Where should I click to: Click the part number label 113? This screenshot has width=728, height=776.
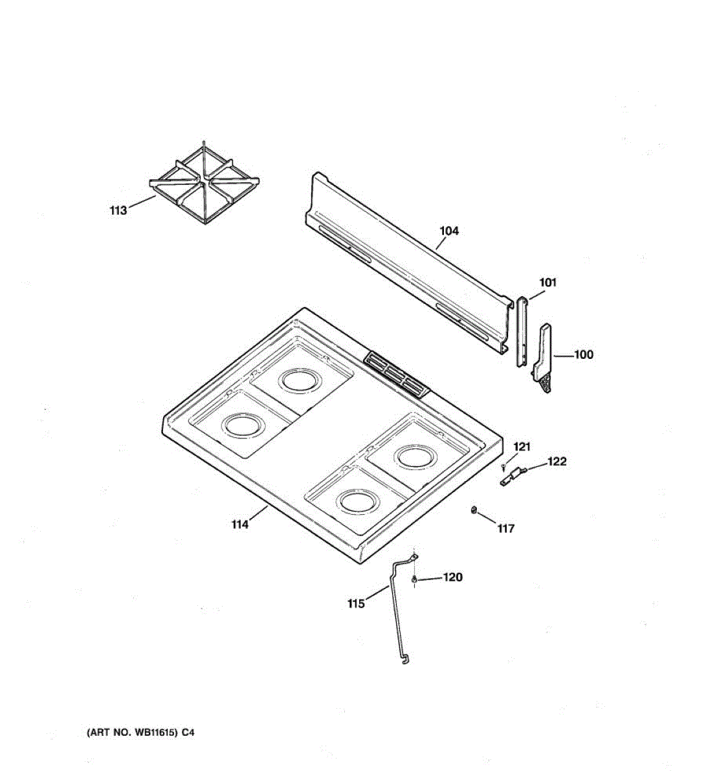tap(118, 210)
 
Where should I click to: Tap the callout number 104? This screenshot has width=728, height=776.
tap(449, 231)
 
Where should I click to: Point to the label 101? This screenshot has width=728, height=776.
tap(547, 282)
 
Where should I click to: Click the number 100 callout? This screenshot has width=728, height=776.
tap(583, 354)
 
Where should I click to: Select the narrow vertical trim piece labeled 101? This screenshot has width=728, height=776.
tap(522, 331)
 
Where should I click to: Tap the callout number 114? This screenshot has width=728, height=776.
tap(240, 524)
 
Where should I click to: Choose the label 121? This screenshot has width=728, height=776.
tap(522, 446)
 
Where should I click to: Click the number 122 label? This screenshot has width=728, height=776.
tap(557, 461)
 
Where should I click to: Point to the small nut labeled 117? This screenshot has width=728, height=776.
tap(474, 510)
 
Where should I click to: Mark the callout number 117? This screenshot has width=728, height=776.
tap(505, 528)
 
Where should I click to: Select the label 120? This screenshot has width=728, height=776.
tap(452, 577)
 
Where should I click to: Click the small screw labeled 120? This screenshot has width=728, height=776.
tap(414, 579)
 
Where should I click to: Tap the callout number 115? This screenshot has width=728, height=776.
tap(356, 603)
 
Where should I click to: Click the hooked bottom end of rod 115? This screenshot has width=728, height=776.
tap(405, 659)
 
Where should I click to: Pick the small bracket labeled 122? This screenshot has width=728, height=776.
tap(513, 477)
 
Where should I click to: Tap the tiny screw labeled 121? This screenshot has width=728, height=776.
tap(503, 466)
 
